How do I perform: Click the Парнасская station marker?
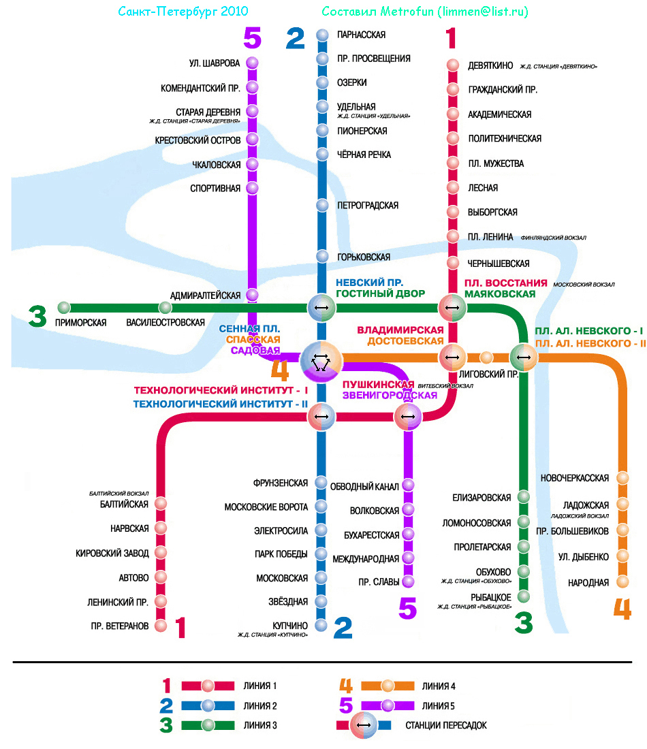point(323,35)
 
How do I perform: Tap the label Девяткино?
point(490,65)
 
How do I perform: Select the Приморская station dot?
point(64,308)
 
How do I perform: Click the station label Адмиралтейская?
point(205,296)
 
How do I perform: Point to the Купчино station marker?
point(321,625)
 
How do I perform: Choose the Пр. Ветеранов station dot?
point(161,625)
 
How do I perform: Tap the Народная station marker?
point(622,581)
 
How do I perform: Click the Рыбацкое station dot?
point(523,596)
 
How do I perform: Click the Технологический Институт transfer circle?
point(321,416)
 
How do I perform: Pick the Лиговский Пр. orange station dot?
point(486,357)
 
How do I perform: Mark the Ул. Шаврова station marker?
point(253,63)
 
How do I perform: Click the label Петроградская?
point(368,206)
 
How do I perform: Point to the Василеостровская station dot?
point(165,308)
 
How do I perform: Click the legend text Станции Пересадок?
point(446,725)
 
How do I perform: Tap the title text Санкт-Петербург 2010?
point(183,12)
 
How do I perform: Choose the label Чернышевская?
point(499,264)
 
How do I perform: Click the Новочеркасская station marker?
point(622,478)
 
